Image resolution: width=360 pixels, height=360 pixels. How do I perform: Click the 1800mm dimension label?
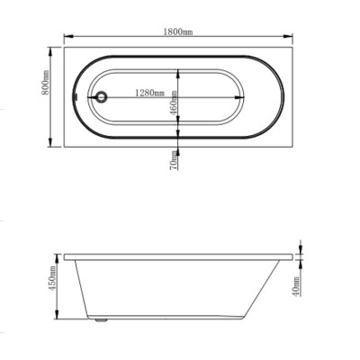[x=178, y=31]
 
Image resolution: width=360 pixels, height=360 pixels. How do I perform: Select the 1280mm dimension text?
[x=149, y=93]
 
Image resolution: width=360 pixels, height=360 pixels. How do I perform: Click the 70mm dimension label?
[x=173, y=160]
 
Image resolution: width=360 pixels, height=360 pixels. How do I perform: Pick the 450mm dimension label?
[x=52, y=279]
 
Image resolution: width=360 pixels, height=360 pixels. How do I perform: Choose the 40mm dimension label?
[x=295, y=285]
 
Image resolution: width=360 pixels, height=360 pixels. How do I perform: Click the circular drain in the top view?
[x=102, y=97]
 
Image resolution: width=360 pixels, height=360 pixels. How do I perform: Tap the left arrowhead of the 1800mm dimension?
[x=68, y=36]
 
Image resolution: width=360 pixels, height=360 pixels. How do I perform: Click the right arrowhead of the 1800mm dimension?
[x=288, y=36]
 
